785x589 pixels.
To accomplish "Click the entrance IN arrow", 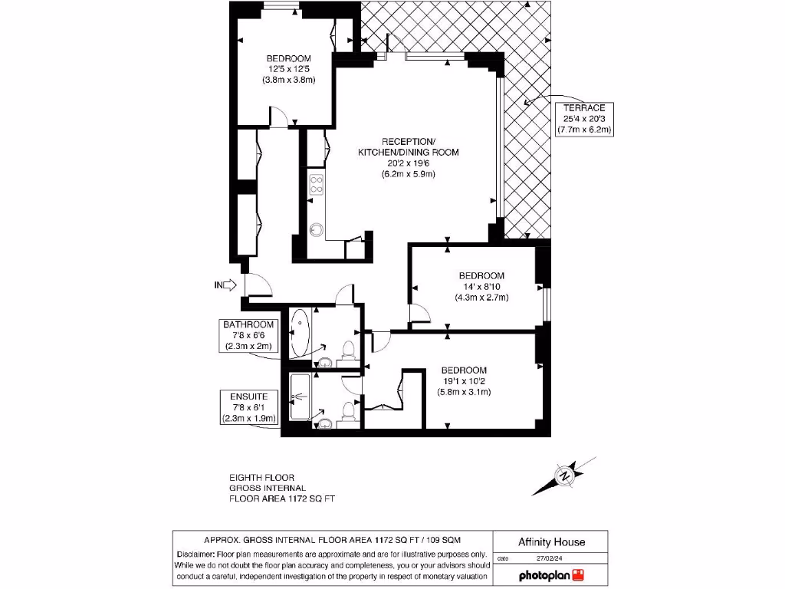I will click(224, 285).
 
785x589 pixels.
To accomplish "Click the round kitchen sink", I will click(317, 229).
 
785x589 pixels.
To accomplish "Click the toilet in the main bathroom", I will click(348, 350).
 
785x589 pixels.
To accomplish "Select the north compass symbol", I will click(564, 475).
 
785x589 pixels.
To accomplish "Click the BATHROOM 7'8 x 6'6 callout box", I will click(249, 335).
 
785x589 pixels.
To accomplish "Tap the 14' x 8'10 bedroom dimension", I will click(481, 287).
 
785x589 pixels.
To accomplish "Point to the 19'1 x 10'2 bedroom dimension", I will click(464, 381).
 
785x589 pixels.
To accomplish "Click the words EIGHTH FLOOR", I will click(261, 477).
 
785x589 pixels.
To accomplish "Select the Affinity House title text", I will click(551, 541).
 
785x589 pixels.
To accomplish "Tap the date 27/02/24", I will click(550, 559).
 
